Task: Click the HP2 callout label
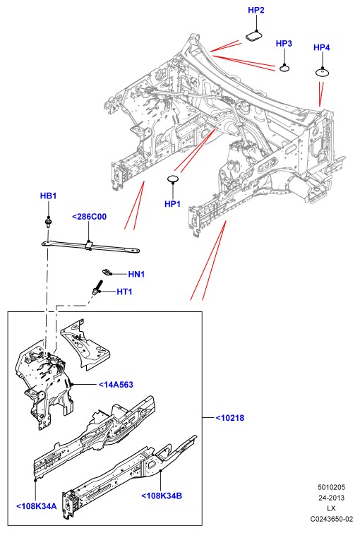[x=256, y=10]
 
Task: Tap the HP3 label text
[x=284, y=44]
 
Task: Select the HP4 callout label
[x=321, y=47]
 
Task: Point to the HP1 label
[x=172, y=204]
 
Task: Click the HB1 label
[x=48, y=196]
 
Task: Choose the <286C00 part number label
[x=89, y=217]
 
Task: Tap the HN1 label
[x=136, y=274]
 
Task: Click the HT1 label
[x=124, y=292]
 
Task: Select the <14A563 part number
[x=116, y=385]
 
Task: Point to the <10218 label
[x=230, y=418]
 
